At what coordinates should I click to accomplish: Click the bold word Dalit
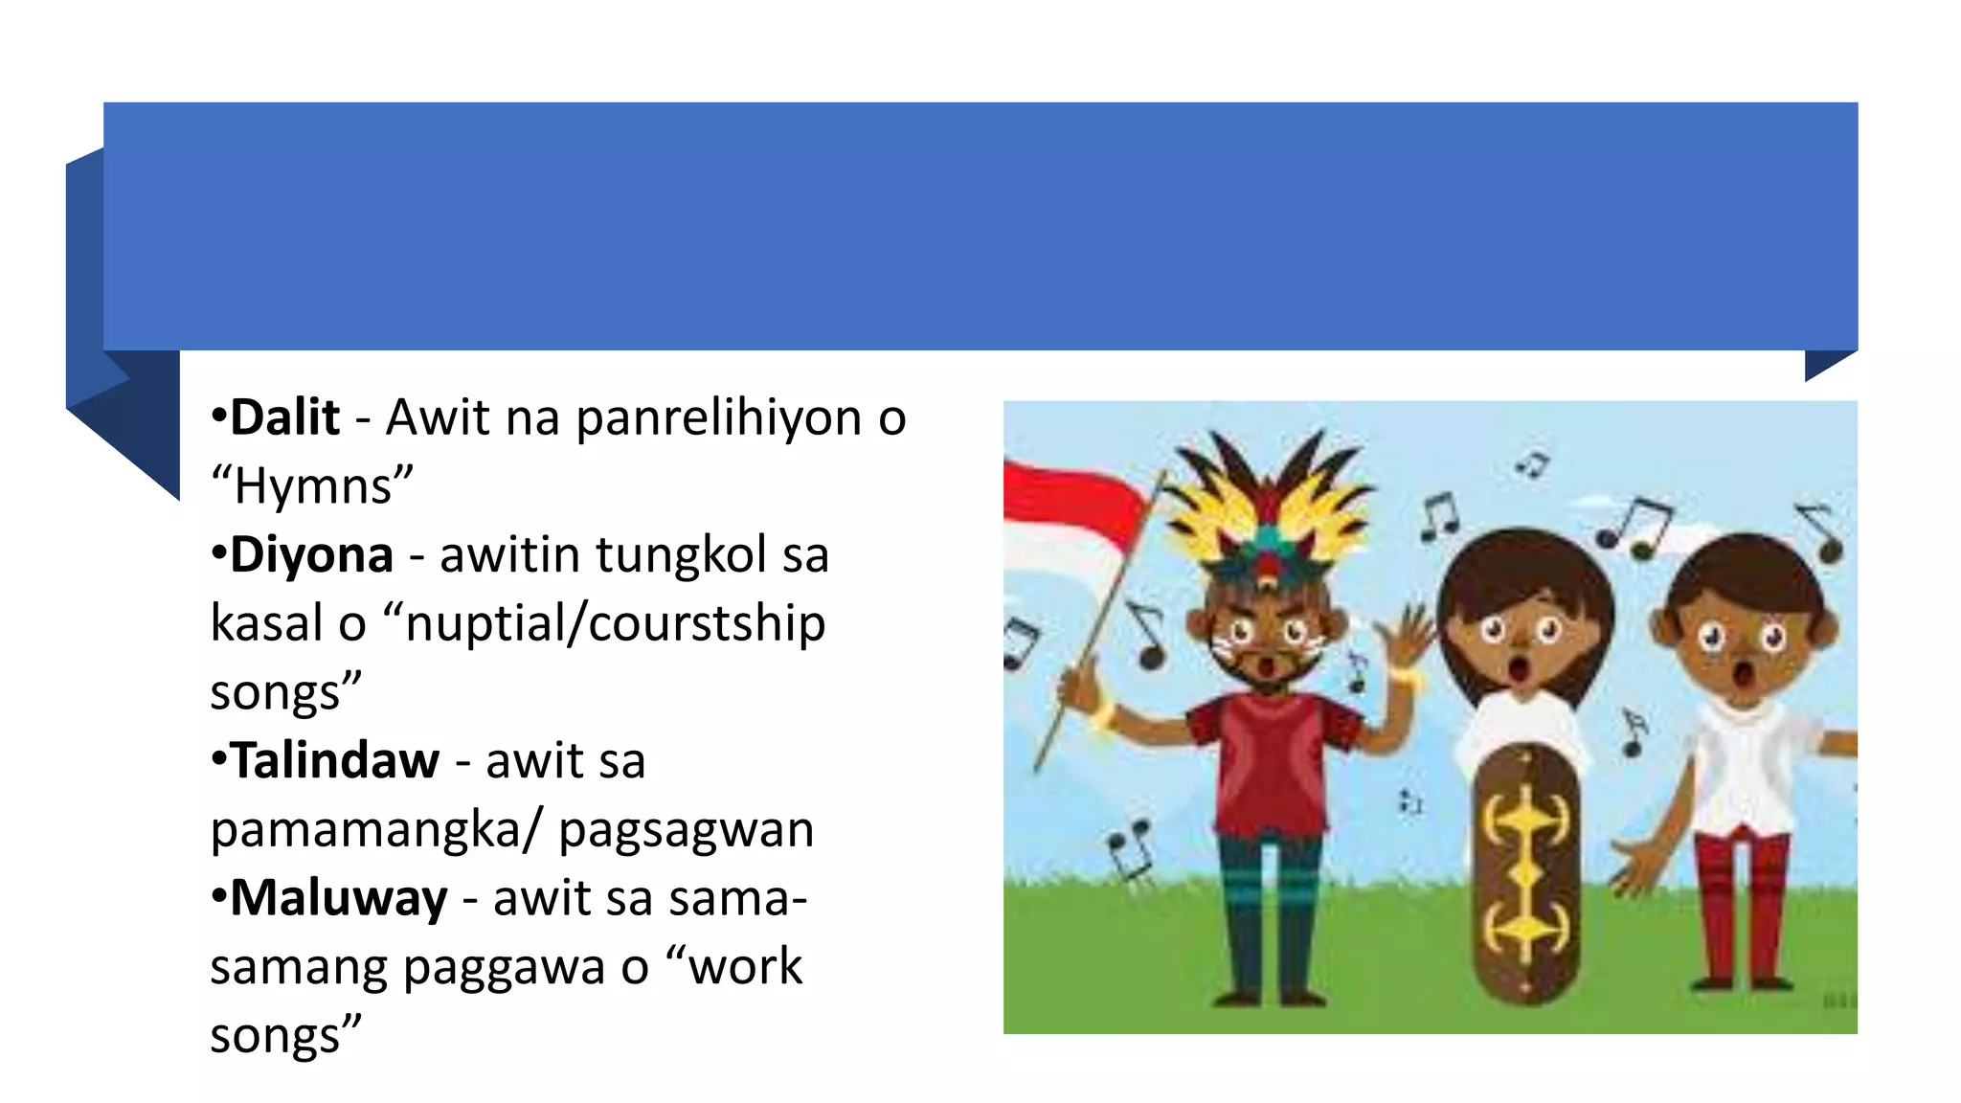point(284,417)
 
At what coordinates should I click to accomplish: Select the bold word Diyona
point(311,554)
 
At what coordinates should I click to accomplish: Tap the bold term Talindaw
point(334,761)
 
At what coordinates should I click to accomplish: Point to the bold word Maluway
point(338,898)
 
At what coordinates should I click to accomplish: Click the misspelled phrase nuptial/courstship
point(616,623)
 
